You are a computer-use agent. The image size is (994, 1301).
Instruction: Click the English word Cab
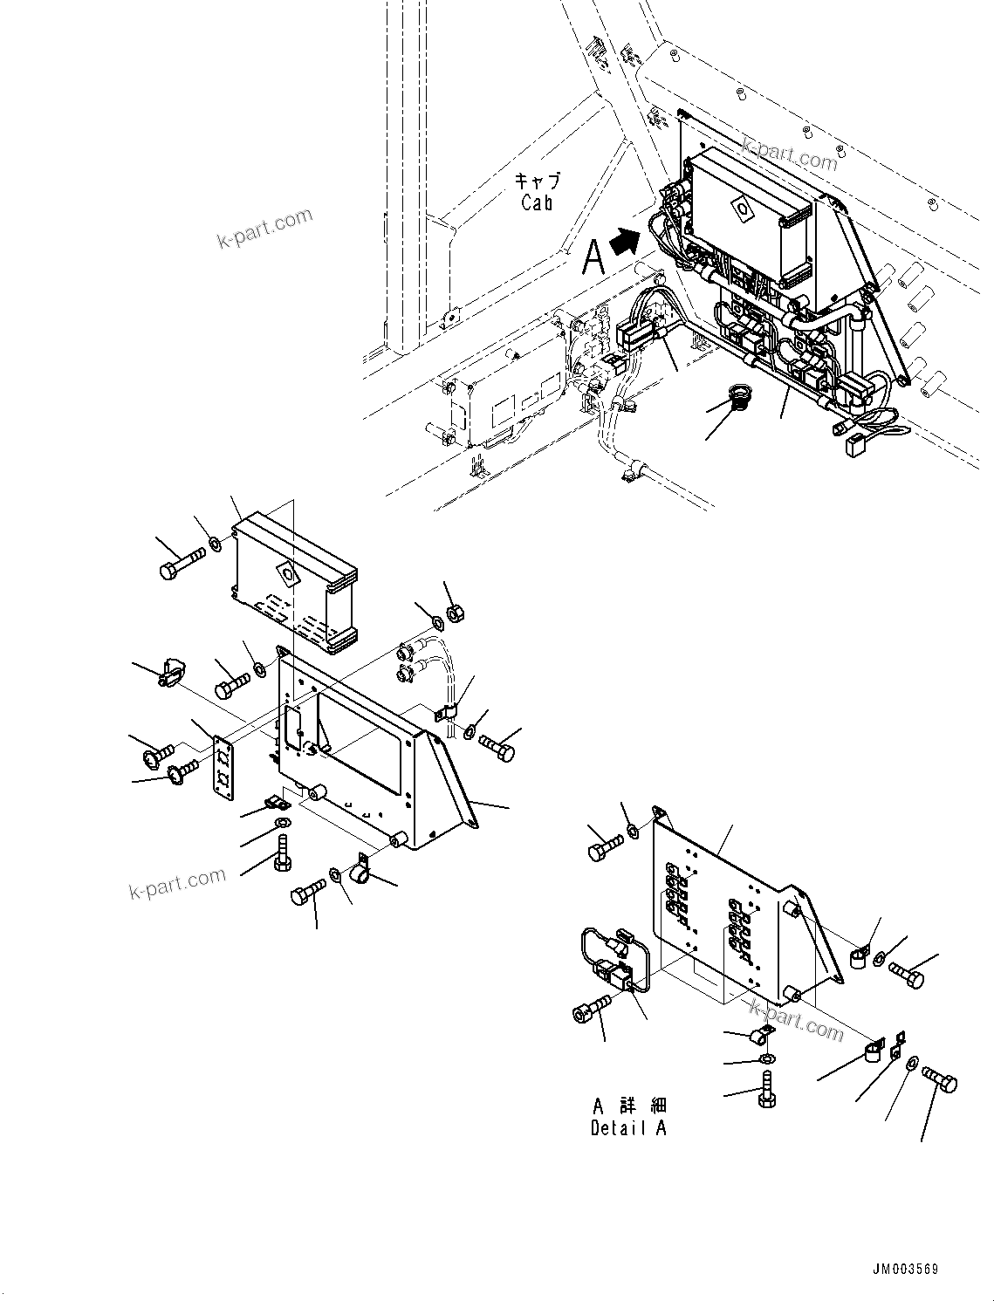537,202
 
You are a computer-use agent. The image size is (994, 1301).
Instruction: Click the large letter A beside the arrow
593,257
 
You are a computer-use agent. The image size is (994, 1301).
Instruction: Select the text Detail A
627,1127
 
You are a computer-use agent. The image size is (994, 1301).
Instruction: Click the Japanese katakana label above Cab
537,181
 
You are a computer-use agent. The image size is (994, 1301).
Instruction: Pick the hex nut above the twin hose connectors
454,614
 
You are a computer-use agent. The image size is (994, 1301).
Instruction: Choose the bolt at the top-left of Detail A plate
604,847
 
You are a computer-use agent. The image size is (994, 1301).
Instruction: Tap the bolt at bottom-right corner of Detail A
941,1082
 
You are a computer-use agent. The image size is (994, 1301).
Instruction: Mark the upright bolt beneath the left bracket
281,852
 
